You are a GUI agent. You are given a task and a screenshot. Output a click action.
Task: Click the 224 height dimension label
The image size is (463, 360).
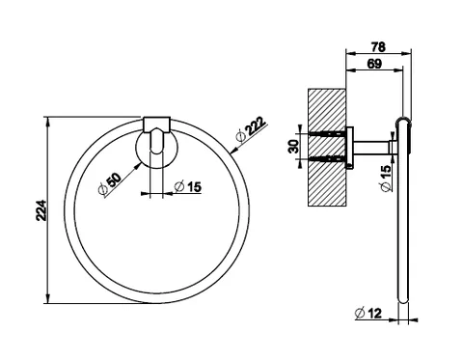(41, 210)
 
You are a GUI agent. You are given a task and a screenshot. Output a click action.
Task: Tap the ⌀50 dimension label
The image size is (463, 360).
(110, 183)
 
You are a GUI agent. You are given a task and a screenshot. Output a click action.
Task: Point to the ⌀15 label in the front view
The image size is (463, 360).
(188, 186)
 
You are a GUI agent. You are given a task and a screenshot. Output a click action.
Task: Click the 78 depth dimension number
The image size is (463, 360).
(378, 47)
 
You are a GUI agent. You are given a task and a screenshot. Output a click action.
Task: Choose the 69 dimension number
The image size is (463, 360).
(374, 64)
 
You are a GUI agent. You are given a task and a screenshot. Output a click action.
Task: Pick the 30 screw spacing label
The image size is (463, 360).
(294, 147)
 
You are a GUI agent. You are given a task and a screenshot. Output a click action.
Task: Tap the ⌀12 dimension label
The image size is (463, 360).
(368, 313)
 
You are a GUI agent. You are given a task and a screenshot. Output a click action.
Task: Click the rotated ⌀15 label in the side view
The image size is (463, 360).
(386, 178)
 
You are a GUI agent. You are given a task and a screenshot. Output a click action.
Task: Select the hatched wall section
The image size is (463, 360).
(327, 148)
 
